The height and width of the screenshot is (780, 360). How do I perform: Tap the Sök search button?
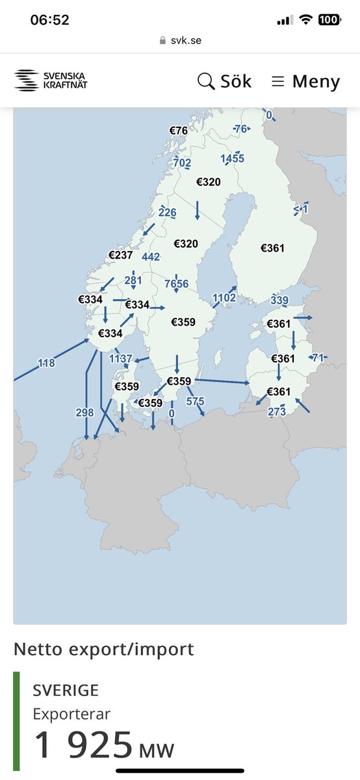tap(224, 81)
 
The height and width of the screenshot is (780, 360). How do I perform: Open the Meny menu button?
tap(305, 81)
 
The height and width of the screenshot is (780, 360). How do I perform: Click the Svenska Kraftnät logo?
tap(51, 80)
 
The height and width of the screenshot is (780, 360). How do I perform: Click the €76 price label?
tap(179, 131)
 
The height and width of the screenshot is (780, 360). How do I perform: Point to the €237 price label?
tap(120, 255)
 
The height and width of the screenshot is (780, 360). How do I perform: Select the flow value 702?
tap(182, 163)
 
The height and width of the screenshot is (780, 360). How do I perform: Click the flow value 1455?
tap(232, 159)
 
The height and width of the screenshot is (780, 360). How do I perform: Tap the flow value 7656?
tap(177, 284)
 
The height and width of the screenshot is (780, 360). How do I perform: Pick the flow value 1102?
tap(224, 298)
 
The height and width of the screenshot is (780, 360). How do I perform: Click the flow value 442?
tap(151, 257)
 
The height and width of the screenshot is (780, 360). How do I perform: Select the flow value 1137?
tap(121, 359)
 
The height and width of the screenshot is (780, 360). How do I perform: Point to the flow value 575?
tap(195, 402)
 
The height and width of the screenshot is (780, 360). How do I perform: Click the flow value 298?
tap(84, 413)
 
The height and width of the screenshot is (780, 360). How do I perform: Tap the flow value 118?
tap(46, 364)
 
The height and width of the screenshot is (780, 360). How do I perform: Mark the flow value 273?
tap(277, 411)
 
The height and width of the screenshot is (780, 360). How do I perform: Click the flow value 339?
tap(279, 300)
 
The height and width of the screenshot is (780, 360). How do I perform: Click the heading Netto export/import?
tap(103, 649)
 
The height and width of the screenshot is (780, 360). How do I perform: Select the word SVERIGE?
tap(66, 690)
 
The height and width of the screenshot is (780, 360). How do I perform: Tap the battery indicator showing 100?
tap(329, 20)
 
